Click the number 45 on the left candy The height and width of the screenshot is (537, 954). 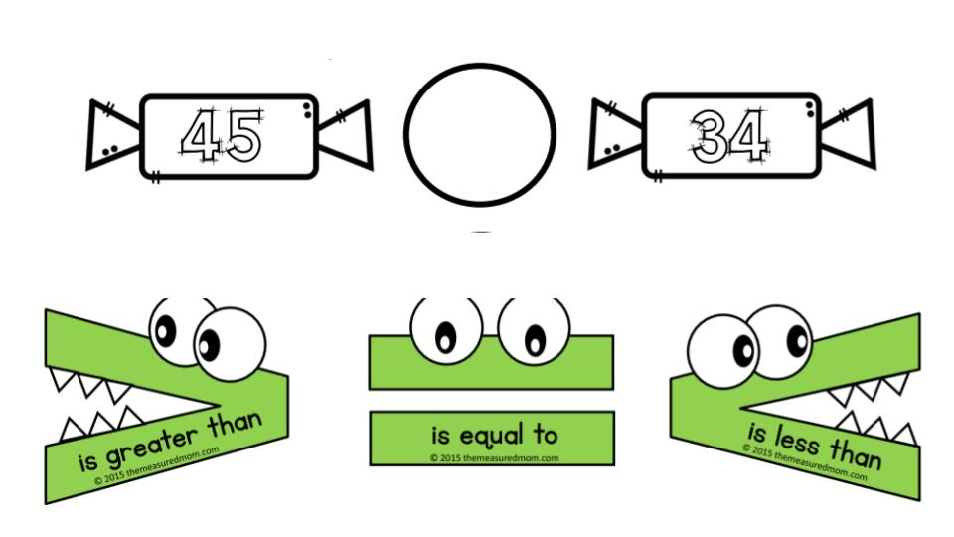[221, 136]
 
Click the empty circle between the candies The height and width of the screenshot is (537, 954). [480, 134]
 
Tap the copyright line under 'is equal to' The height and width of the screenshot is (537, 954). [494, 458]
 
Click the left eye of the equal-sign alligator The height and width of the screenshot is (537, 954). [445, 332]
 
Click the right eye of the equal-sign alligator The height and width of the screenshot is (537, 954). [534, 330]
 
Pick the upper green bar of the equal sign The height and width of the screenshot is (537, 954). [491, 361]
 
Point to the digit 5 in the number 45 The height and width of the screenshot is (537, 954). [241, 136]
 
